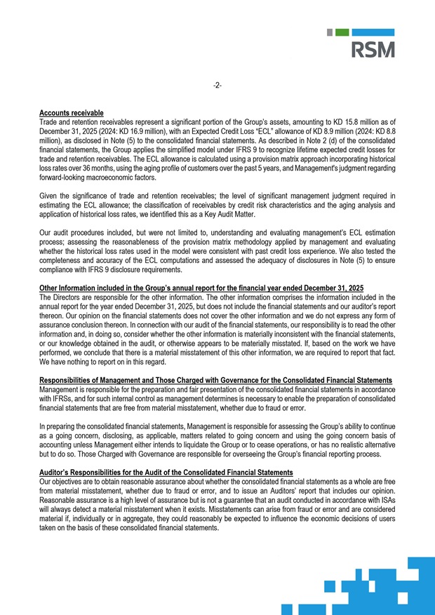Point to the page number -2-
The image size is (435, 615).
pos(217,86)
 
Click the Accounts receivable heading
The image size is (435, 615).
pos(72,113)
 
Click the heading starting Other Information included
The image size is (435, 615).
pos(201,288)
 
